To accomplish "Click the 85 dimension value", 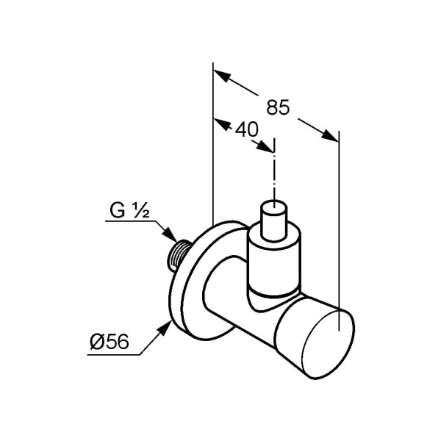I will [277, 107].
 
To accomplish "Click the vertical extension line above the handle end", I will [339, 220].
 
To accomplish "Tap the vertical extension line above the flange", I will [212, 147].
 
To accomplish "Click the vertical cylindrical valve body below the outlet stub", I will [273, 261].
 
